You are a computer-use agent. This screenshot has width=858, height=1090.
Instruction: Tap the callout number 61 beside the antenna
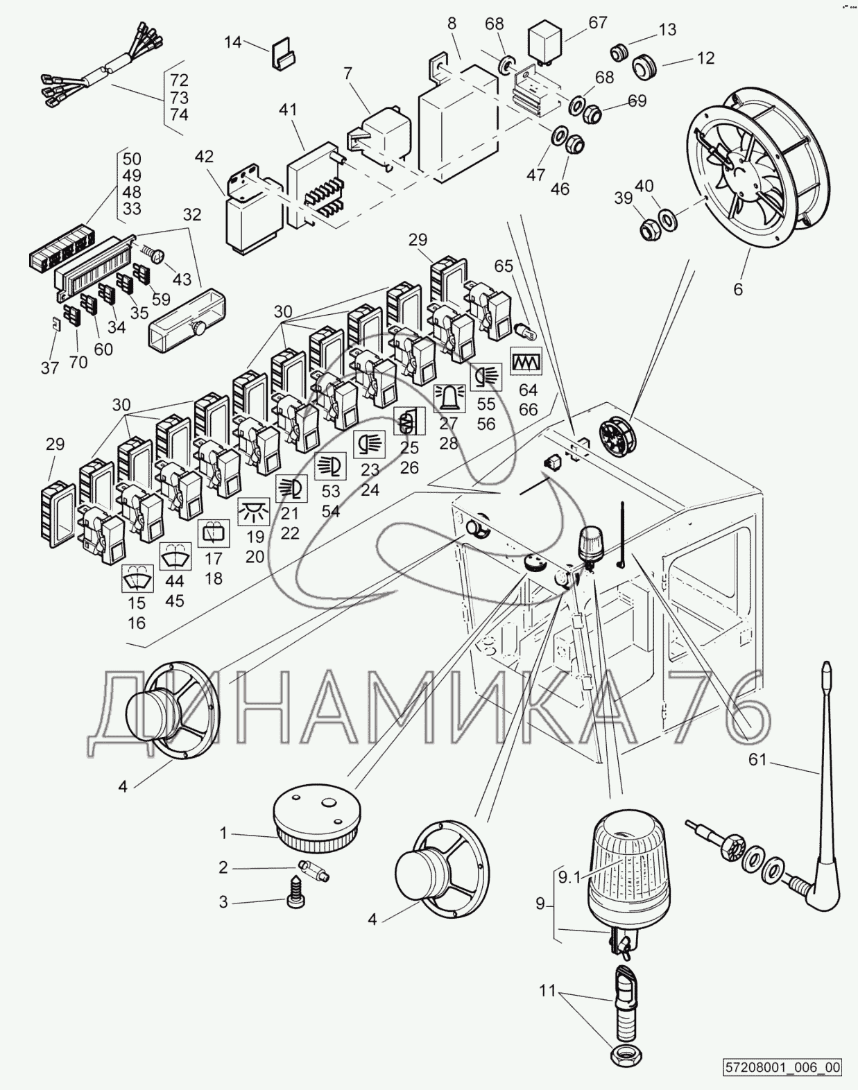757,760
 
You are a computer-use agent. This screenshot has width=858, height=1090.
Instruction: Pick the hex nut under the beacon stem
625,1056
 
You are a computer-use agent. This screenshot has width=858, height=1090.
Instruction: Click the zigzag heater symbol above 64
526,361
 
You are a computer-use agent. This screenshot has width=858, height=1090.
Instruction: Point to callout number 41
288,110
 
